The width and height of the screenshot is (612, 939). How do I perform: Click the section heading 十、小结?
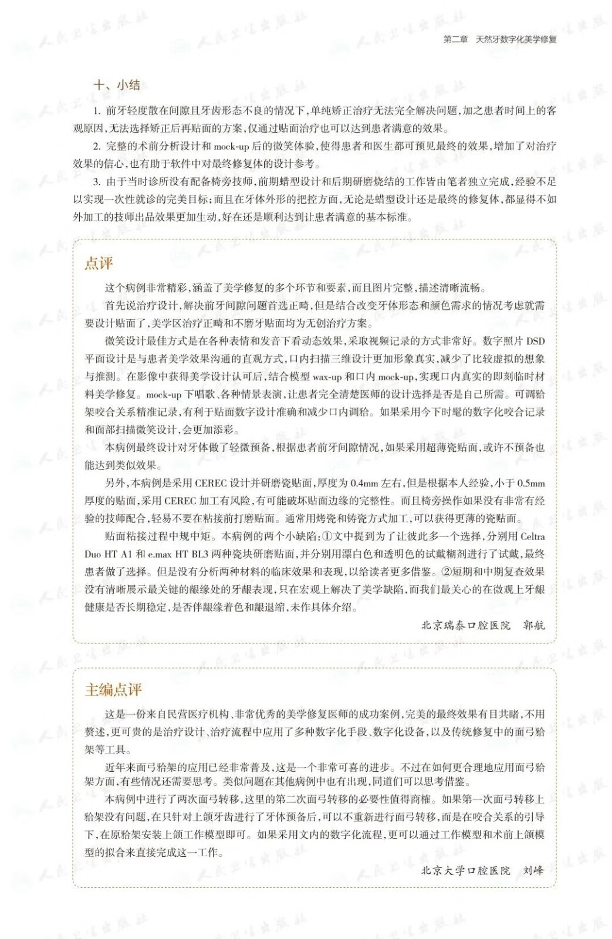116,85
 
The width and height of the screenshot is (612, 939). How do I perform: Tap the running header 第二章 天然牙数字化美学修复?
500,39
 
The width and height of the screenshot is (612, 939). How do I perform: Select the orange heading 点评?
99,264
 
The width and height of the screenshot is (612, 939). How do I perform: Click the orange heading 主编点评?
113,690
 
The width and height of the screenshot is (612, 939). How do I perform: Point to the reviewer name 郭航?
533,625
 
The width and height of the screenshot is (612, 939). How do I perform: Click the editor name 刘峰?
533,870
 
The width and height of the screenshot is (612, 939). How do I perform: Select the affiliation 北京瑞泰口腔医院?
466,625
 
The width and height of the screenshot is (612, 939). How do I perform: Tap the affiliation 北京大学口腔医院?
466,870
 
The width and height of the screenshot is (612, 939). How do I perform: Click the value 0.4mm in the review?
364,484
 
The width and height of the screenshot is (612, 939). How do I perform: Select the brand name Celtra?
532,536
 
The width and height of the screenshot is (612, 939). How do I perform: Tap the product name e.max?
160,554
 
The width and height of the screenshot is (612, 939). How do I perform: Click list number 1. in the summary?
97,110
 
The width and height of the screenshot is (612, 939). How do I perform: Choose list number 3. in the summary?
97,181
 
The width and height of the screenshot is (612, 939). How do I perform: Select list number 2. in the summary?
97,146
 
